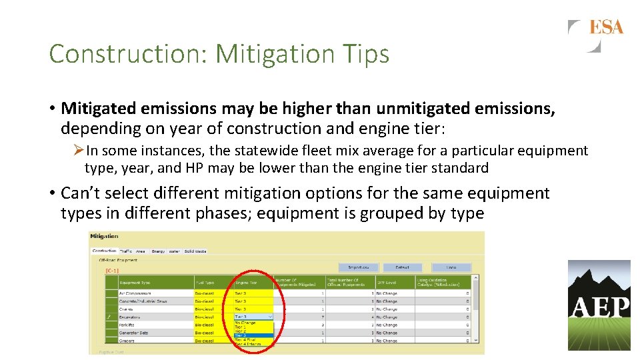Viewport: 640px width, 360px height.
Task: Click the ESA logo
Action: pos(596,35)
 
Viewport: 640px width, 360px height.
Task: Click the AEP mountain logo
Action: pos(599,305)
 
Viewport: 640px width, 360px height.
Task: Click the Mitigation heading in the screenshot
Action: pos(104,236)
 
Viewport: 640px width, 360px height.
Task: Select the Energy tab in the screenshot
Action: pos(158,251)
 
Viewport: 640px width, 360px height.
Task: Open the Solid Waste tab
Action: pos(195,251)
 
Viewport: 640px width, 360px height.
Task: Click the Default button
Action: pos(402,267)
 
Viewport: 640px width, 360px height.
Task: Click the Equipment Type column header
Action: pos(135,283)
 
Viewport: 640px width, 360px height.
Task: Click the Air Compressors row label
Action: pos(135,293)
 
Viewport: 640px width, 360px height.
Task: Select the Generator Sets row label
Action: pos(134,333)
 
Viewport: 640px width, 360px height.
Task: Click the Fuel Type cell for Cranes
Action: pos(204,309)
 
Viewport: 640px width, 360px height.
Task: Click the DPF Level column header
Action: pos(387,283)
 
